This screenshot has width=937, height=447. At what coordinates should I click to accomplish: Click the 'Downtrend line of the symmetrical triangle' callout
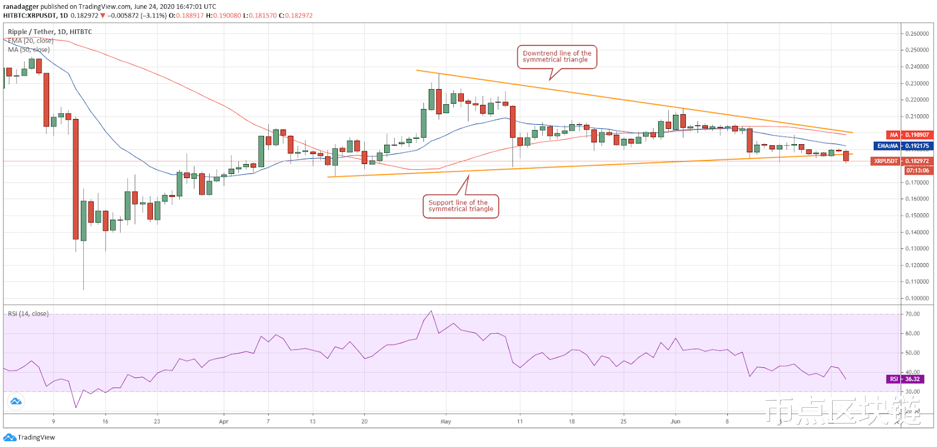point(556,57)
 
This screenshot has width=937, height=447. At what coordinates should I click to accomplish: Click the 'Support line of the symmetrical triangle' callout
point(461,206)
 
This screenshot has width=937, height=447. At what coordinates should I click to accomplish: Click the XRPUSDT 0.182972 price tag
point(901,161)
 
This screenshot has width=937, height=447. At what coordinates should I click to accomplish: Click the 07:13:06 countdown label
point(918,170)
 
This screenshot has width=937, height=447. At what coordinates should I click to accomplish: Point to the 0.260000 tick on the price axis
point(917,34)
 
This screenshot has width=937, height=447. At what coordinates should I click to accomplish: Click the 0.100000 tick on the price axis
point(917,298)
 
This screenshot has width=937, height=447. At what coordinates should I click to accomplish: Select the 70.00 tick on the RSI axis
point(912,314)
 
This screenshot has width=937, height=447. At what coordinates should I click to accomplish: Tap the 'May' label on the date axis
point(446,421)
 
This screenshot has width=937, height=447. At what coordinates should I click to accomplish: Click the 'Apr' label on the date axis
point(223,421)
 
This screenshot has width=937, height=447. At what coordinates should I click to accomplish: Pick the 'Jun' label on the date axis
point(675,421)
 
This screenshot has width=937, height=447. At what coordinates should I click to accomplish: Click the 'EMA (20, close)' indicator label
point(30,41)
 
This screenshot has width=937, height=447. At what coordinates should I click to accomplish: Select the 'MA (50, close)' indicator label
point(29,50)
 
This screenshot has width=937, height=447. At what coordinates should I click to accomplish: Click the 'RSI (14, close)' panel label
point(28,314)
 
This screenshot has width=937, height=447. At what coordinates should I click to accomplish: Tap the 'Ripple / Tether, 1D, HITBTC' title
point(50,32)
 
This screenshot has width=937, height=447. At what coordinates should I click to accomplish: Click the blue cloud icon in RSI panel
point(16,401)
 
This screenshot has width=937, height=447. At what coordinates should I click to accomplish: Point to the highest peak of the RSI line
point(432,311)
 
